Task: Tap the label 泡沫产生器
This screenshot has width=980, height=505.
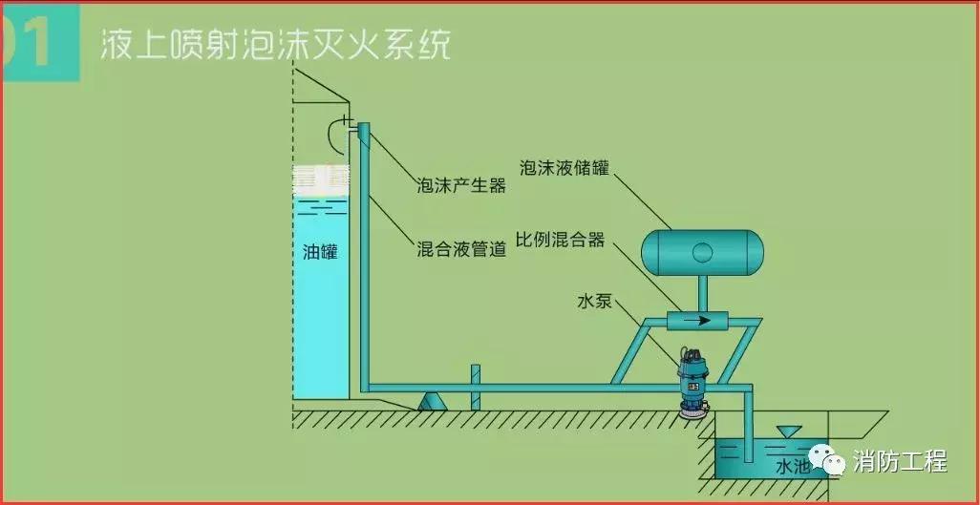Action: pyautogui.click(x=461, y=185)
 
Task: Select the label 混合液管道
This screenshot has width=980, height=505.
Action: pyautogui.click(x=461, y=247)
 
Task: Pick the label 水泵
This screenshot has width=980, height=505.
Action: pyautogui.click(x=594, y=302)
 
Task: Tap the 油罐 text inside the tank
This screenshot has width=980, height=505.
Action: pyautogui.click(x=320, y=253)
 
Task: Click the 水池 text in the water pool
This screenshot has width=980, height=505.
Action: pyautogui.click(x=792, y=467)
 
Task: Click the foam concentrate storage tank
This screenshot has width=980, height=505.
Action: pyautogui.click(x=702, y=252)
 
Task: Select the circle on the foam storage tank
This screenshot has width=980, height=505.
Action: pyautogui.click(x=702, y=252)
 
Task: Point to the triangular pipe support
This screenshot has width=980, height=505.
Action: pyautogui.click(x=433, y=402)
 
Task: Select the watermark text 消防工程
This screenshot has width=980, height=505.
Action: pyautogui.click(x=900, y=461)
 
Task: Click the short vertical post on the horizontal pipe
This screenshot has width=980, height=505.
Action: pyautogui.click(x=473, y=387)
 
